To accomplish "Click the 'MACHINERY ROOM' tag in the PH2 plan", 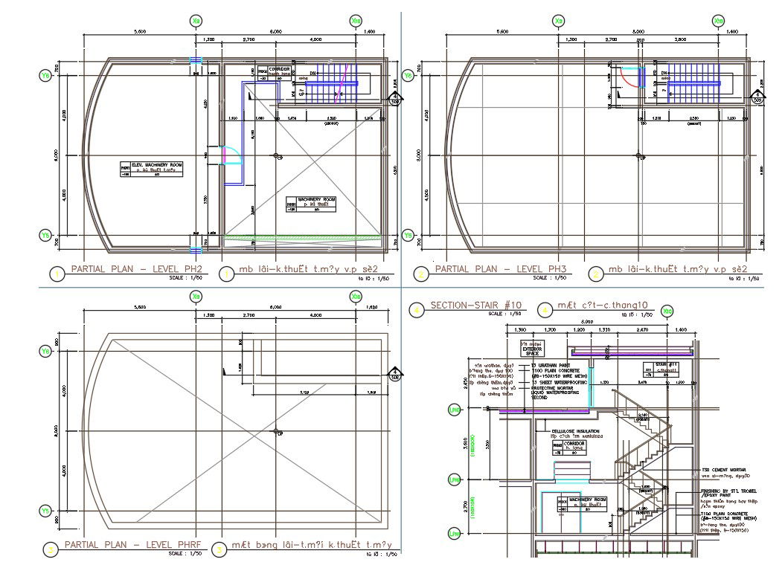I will coord(310,204).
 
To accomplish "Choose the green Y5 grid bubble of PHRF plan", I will coord(45,511).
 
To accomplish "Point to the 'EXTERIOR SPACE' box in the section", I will coord(533,349).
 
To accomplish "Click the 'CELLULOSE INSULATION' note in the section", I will coord(575,433).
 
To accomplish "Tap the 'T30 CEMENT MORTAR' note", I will coord(725,471).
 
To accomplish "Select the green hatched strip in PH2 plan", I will coord(301,237).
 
